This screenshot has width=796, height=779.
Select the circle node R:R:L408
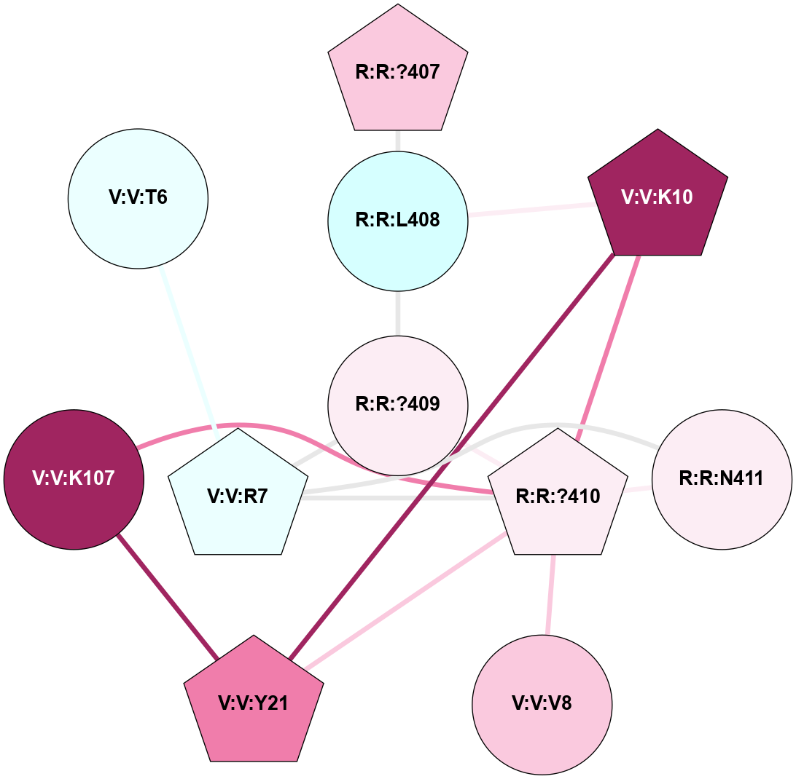(x=397, y=220)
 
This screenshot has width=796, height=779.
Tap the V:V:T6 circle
(x=138, y=198)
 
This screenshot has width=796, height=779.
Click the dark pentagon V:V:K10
(x=658, y=197)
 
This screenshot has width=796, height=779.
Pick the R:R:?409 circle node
(x=397, y=404)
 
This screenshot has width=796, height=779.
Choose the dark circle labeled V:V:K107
(x=74, y=479)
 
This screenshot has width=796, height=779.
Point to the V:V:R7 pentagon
(x=238, y=497)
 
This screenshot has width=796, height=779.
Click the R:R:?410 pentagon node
(x=558, y=497)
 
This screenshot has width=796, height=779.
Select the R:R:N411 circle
(x=721, y=479)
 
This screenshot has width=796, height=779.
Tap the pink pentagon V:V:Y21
(x=253, y=703)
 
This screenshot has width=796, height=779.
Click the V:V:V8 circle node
(x=542, y=704)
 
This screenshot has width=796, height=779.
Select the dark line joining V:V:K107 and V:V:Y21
(x=168, y=596)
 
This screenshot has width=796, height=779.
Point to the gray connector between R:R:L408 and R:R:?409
(x=397, y=312)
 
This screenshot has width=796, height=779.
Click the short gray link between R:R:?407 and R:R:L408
(x=397, y=141)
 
